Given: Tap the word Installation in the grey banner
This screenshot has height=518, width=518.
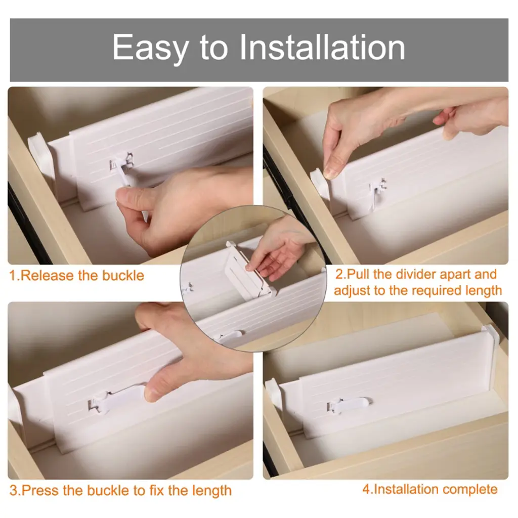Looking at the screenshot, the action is point(322,47).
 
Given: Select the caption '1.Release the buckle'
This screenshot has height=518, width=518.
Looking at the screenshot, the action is point(77,275).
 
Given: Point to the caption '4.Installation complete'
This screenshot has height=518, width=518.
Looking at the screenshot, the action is point(430,489).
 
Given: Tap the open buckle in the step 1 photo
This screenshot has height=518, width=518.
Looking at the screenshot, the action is point(122,168).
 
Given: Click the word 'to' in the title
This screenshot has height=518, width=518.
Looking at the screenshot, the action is point(213,49).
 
